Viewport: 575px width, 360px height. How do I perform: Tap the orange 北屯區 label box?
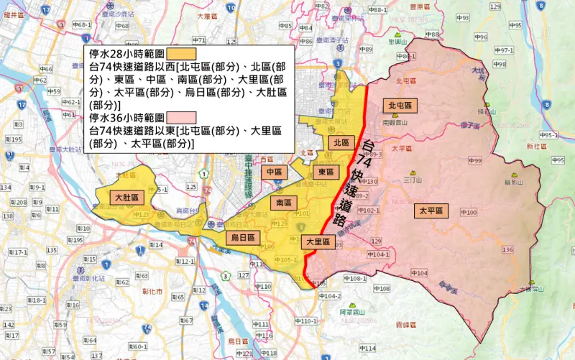coord(400,106)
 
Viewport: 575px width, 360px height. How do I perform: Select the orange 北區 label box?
coord(340,143)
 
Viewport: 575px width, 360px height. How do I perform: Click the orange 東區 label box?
coord(326,172)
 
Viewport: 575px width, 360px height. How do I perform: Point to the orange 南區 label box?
coord(282,204)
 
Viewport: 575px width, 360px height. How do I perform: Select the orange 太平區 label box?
coord(431,211)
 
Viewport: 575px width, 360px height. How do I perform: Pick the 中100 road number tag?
coord(468,213)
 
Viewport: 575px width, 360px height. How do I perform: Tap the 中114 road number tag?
coord(367,349)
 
